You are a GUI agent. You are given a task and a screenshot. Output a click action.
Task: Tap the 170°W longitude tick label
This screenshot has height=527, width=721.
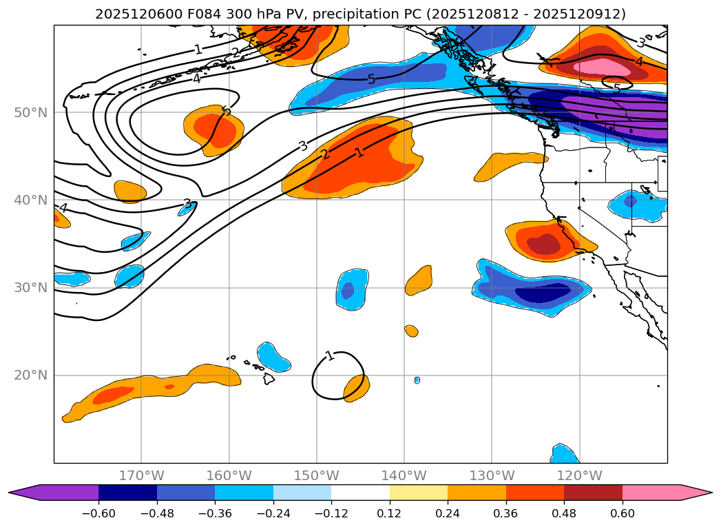(x=141, y=476)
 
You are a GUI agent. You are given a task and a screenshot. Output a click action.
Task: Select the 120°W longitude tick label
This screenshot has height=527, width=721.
(x=579, y=476)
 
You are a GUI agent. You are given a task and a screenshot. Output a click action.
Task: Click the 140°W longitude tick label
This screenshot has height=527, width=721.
(x=404, y=476)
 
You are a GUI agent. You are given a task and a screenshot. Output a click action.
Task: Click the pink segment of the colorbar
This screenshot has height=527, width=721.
(x=651, y=492)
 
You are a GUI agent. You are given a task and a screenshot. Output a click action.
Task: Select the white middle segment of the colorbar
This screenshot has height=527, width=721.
(x=360, y=492)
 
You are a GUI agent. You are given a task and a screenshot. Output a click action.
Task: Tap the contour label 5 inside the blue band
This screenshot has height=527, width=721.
(x=371, y=79)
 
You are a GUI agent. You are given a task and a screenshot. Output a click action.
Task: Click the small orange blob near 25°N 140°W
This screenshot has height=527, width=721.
(x=412, y=331)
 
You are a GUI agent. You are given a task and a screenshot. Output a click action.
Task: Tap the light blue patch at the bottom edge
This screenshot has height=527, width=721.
(x=565, y=454)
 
